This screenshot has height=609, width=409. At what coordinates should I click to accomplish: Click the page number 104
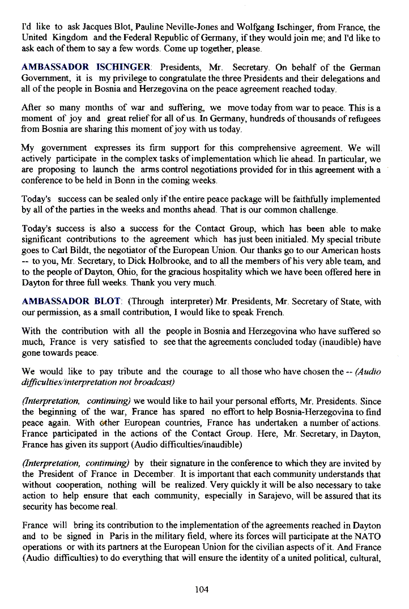[x=201, y=590]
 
